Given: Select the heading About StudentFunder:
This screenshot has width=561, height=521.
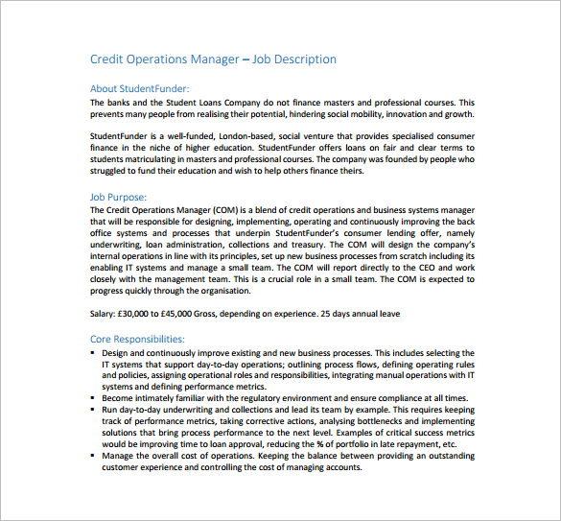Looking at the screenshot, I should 139,89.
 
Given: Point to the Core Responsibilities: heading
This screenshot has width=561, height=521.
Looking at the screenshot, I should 137,339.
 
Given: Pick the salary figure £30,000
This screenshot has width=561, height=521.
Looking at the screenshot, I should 143,314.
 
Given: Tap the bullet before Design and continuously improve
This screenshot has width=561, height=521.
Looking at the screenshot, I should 93,352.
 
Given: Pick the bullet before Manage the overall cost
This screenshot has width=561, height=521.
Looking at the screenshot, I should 93,455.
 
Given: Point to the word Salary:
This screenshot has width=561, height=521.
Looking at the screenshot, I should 105,314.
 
